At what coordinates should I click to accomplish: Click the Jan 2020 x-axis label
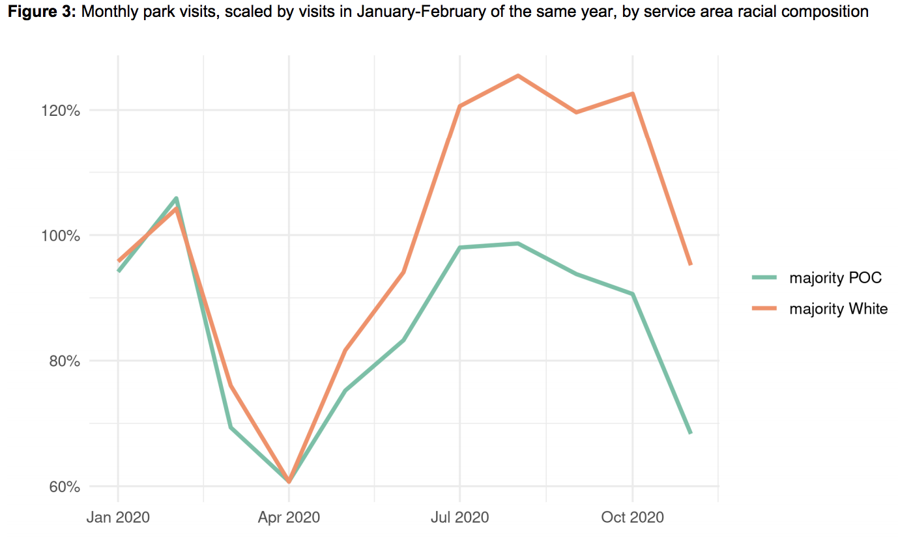118,518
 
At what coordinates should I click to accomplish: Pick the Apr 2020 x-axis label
289,518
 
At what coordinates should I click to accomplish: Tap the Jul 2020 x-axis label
459,518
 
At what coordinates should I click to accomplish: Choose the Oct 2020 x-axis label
632,518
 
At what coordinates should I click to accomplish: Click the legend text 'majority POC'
835,278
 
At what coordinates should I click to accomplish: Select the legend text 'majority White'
838,309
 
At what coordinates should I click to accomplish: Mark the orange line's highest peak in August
517,76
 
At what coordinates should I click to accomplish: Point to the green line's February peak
176,198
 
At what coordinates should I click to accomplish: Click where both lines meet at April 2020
289,482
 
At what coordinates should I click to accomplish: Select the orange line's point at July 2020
460,106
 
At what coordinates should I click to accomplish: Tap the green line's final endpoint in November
690,433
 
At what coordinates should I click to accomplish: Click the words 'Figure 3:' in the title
41,12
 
